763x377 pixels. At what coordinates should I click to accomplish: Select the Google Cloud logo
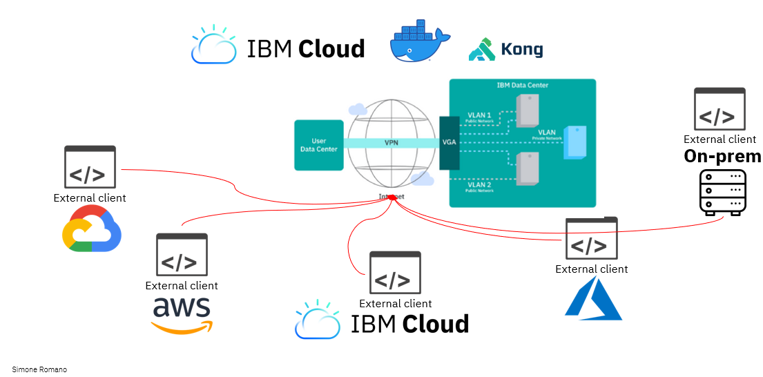point(93,229)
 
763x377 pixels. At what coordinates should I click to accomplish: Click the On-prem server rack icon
point(723,193)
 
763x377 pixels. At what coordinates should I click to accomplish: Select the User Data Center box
point(318,145)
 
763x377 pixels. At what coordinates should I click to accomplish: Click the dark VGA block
point(449,143)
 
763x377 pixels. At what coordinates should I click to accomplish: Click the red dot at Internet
point(392,197)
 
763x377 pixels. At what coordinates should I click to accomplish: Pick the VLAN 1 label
point(479,115)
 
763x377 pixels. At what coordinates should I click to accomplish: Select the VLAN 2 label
point(479,184)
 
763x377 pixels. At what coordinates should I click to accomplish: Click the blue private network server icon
point(574,142)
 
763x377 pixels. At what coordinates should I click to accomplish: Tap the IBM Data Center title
point(522,86)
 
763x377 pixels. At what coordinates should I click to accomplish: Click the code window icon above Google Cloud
point(90,167)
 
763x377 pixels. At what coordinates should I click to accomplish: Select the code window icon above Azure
point(592,238)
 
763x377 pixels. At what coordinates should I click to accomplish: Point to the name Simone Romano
point(39,369)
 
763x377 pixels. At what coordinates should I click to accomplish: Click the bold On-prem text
point(722,156)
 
